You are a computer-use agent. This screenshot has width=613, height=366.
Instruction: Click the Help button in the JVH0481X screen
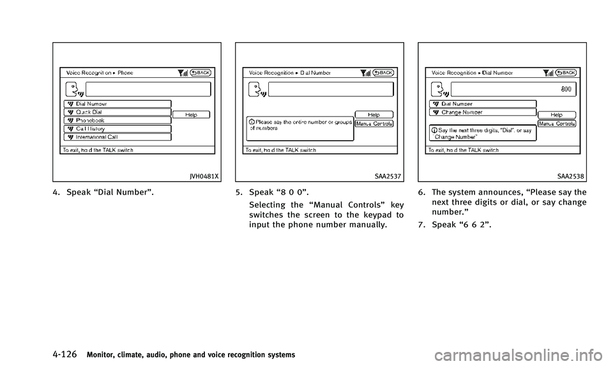[191, 115]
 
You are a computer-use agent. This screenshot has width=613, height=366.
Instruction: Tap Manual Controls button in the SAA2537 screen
[374, 123]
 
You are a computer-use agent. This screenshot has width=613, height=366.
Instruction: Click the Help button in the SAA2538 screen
[556, 115]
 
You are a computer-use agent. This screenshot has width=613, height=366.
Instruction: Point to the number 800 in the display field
[566, 90]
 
